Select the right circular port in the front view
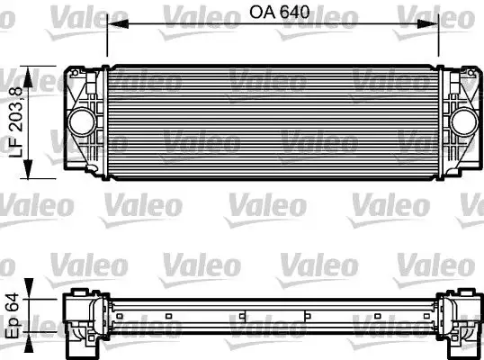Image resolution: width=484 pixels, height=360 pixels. coord(464,121)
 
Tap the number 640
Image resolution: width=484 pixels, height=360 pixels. coord(289,13)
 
